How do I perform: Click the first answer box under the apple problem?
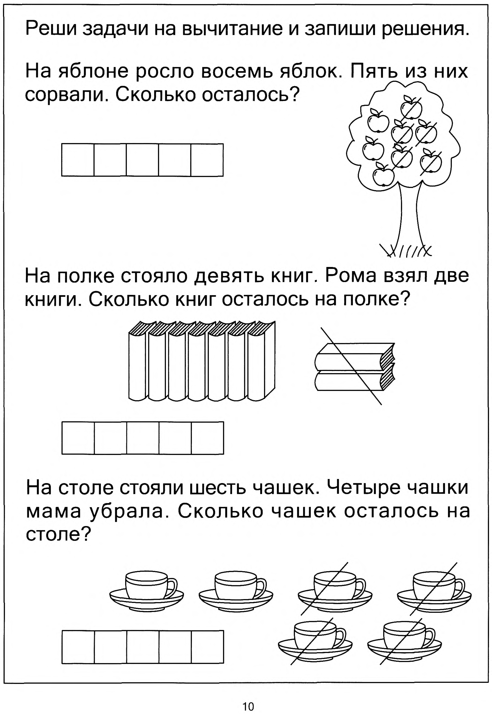tap(78, 160)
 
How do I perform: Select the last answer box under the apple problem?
tap(207, 160)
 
